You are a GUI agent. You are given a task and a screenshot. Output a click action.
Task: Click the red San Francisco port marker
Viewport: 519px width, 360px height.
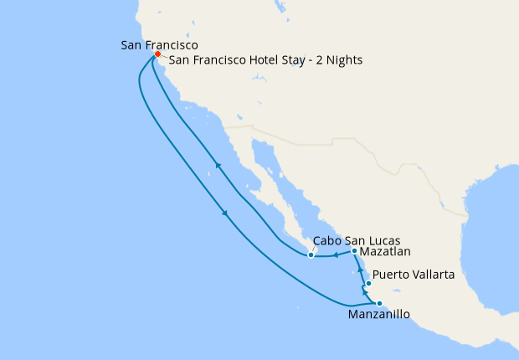[x=157, y=55]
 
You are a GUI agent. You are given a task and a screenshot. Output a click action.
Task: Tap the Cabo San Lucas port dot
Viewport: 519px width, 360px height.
[x=311, y=255]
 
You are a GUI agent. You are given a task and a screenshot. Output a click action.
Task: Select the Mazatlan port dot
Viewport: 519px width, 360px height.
[x=355, y=251]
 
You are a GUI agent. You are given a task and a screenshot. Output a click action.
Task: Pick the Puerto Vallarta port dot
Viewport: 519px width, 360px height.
[x=368, y=284]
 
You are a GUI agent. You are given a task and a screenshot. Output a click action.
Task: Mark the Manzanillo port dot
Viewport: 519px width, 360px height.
[x=379, y=303]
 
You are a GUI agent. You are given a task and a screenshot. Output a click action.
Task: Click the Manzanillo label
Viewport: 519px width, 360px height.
[x=379, y=316]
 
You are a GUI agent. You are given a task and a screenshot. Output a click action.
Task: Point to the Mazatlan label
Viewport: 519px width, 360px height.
[x=386, y=251]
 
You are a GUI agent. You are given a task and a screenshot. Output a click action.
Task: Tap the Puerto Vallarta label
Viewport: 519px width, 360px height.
[x=414, y=274]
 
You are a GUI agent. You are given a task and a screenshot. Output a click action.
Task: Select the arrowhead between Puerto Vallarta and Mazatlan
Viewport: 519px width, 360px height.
[x=360, y=270]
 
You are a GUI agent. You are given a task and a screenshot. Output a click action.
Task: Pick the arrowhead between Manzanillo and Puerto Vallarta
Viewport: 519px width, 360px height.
[x=366, y=293]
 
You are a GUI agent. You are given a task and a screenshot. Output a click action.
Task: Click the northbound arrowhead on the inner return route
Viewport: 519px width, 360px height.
[x=218, y=165]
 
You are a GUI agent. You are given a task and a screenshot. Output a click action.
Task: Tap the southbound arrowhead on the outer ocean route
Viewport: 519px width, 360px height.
[x=225, y=215]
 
